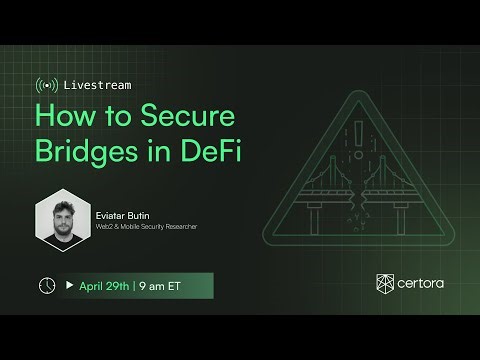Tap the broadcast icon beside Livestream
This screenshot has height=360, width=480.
point(45,83)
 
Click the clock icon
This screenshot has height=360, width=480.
point(47,285)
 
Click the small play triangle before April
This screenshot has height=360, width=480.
point(70,285)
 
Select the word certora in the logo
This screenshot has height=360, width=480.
point(422,287)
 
